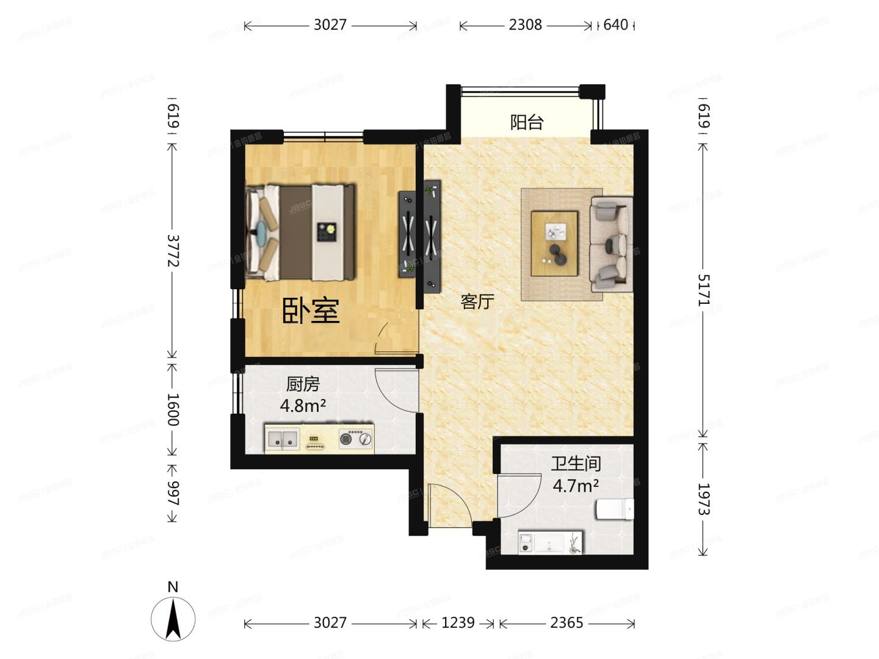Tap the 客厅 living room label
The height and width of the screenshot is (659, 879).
coord(477,301)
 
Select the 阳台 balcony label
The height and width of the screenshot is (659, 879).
coord(526,123)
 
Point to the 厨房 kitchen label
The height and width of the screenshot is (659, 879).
coord(303,384)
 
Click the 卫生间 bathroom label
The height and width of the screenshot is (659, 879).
coord(576,464)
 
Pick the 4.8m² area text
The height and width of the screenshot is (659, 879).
coord(303,405)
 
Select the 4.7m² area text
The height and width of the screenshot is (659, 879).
coord(576,486)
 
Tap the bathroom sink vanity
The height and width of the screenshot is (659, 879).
coord(550,542)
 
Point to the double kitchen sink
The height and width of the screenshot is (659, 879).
coord(282,438)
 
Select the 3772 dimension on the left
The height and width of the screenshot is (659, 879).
coord(172,250)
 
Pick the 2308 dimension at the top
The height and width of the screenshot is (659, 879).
coord(525,25)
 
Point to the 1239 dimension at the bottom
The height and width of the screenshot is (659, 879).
coord(458,623)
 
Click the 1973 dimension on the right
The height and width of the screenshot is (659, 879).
coord(704,499)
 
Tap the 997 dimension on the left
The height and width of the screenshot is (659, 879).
coord(172,493)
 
